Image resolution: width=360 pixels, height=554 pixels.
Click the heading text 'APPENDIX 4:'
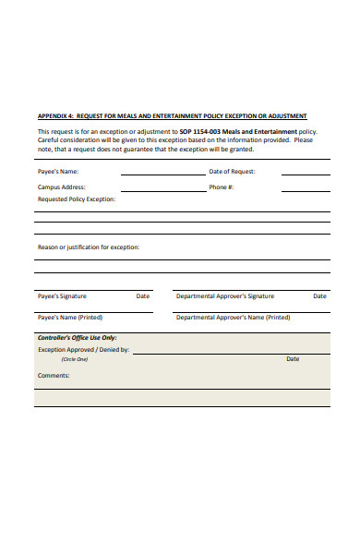[x=54, y=117]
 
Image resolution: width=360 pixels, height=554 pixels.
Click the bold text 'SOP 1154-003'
[x=200, y=132]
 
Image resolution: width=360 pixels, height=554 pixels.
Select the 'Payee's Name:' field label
[x=58, y=172]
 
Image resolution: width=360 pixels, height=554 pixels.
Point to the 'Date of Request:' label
[x=233, y=172]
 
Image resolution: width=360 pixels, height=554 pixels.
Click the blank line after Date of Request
[x=306, y=174]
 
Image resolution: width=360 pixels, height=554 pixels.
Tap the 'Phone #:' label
[x=222, y=187]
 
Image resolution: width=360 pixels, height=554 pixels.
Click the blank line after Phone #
[x=306, y=189]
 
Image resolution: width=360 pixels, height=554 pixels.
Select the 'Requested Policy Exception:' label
[x=77, y=199]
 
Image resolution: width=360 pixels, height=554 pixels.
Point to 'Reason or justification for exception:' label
[x=89, y=247]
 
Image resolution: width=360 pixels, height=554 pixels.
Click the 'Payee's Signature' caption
[x=62, y=296]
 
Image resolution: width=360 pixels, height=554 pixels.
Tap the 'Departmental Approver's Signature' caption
[x=224, y=296]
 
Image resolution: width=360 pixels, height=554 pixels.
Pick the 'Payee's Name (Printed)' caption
[x=69, y=317]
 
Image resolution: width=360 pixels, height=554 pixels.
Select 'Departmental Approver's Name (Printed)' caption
[x=233, y=317]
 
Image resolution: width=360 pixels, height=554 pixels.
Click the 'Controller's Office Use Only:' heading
[x=78, y=338]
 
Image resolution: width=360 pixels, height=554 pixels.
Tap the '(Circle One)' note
[x=74, y=359]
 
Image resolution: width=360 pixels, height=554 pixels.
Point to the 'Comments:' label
[x=54, y=375]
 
